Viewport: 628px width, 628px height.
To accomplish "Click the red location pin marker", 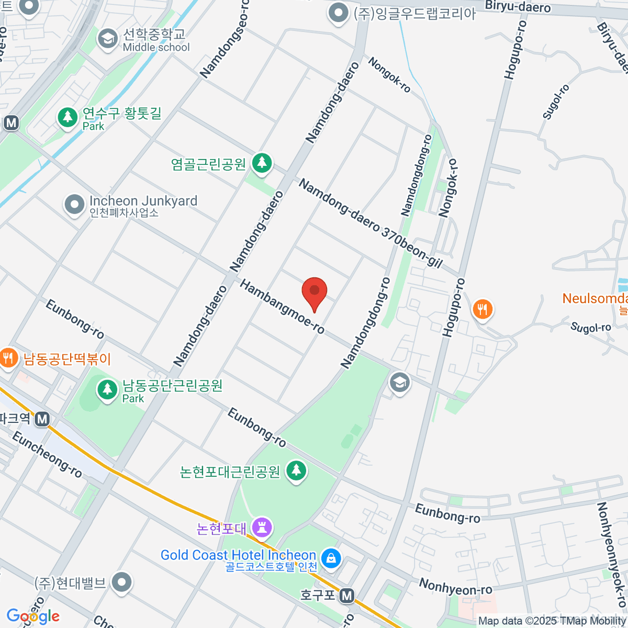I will click(x=315, y=292).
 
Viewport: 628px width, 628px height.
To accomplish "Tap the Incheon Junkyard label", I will click(x=143, y=201).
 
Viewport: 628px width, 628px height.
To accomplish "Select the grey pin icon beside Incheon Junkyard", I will click(x=74, y=205).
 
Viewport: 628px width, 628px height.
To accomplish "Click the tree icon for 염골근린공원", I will click(x=262, y=163).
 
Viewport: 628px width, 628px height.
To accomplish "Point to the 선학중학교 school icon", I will click(x=108, y=39).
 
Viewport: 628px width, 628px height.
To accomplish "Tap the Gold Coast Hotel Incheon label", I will click(x=238, y=555).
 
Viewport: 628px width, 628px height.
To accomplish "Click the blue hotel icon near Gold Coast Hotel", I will click(x=331, y=558).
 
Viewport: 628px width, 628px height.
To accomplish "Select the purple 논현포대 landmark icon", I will click(x=262, y=527).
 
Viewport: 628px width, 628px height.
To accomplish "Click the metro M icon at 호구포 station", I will click(x=346, y=595).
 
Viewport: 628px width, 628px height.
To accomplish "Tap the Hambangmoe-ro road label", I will click(x=282, y=306).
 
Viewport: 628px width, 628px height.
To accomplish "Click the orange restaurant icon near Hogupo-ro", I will click(x=483, y=309).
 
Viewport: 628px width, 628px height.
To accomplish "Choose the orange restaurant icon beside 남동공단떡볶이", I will click(x=7, y=358).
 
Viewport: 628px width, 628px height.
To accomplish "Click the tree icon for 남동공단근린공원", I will click(x=108, y=389).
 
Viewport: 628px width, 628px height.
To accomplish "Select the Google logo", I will click(x=33, y=616).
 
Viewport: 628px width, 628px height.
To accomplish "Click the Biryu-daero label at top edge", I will click(x=518, y=6).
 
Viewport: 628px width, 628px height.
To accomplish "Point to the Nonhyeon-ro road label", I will click(x=455, y=587).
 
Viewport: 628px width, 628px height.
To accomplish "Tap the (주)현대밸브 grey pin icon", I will click(x=122, y=582).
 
